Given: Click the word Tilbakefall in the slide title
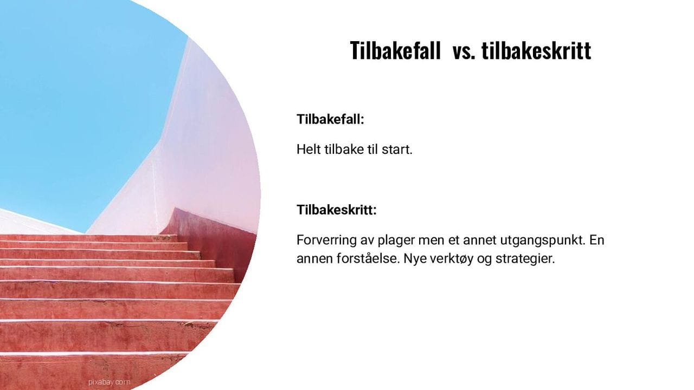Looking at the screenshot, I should tap(395, 51).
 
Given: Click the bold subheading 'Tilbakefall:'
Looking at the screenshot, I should tap(330, 119).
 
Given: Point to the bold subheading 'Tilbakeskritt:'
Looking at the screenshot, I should tap(336, 210).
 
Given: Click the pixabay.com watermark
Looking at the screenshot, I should tap(109, 382).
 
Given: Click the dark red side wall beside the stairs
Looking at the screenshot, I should tap(217, 238).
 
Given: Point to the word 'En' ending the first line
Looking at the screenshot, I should tap(596, 240).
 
